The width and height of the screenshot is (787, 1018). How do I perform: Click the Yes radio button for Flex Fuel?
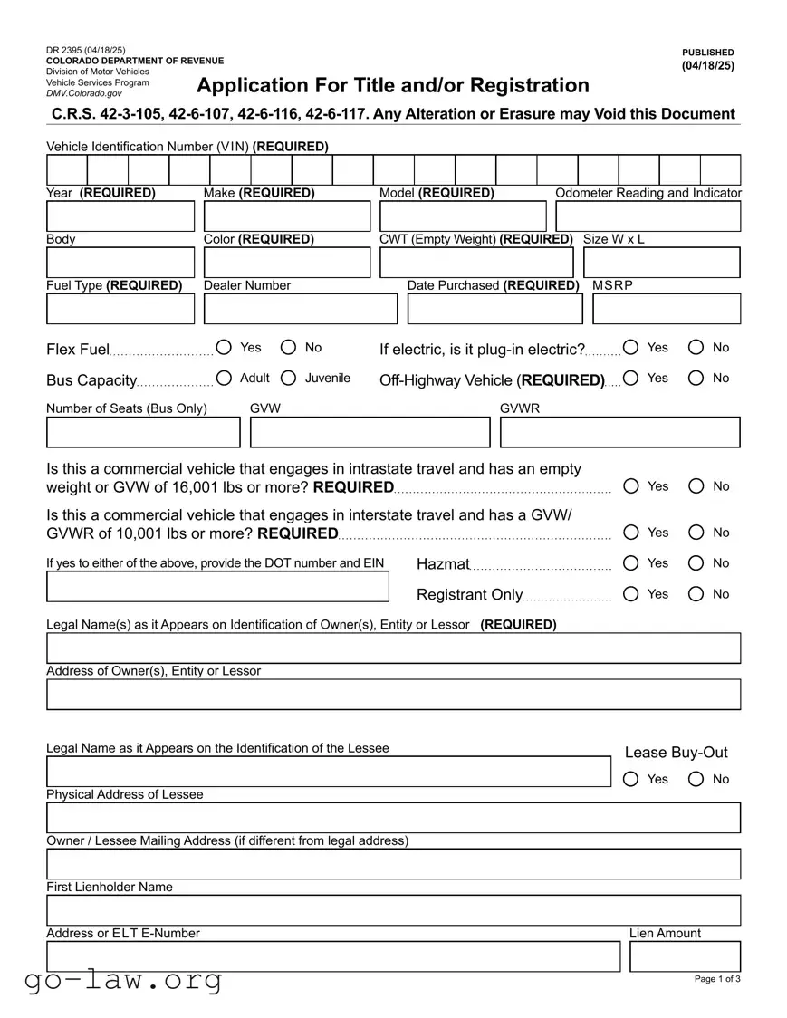(x=224, y=348)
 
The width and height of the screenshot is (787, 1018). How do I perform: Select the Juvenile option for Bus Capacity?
(x=289, y=379)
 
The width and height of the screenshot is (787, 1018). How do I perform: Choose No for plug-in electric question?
(x=696, y=348)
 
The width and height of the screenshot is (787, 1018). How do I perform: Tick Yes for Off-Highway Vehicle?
(x=631, y=379)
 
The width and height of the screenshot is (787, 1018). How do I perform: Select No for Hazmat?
(x=696, y=563)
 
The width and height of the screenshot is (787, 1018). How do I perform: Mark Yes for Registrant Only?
(x=631, y=594)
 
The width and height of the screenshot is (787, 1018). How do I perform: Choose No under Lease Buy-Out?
(x=696, y=779)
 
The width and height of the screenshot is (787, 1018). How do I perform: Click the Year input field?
(x=120, y=217)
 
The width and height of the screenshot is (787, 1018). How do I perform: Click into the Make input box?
(x=287, y=217)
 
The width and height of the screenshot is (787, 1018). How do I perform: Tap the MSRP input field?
(x=667, y=310)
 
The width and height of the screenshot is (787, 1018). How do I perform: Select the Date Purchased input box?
(x=494, y=310)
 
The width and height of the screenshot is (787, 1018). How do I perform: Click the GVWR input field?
(x=619, y=433)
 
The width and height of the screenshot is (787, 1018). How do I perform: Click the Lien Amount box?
(x=685, y=956)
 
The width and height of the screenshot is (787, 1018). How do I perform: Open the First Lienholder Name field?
(x=393, y=910)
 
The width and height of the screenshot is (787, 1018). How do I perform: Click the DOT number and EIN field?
(x=217, y=587)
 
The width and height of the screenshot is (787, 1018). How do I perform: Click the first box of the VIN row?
(x=67, y=170)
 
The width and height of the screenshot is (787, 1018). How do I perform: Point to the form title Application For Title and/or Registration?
(x=393, y=86)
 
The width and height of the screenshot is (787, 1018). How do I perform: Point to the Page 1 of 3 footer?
(x=717, y=979)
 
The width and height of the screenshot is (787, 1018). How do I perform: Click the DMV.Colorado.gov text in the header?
(x=84, y=93)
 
